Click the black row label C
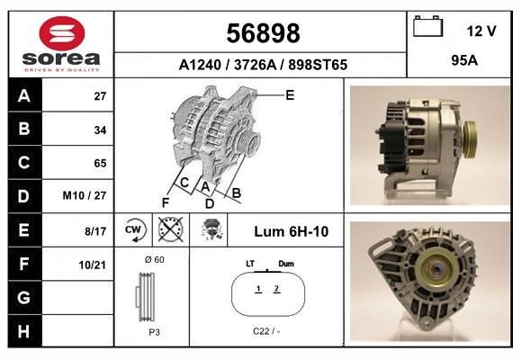[24, 163]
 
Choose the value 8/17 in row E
[94, 231]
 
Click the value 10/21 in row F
[93, 265]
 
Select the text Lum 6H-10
[291, 231]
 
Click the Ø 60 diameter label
[154, 260]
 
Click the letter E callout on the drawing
[290, 94]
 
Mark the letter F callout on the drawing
[166, 201]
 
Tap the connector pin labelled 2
[277, 289]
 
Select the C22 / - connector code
[267, 331]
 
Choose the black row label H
[24, 331]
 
